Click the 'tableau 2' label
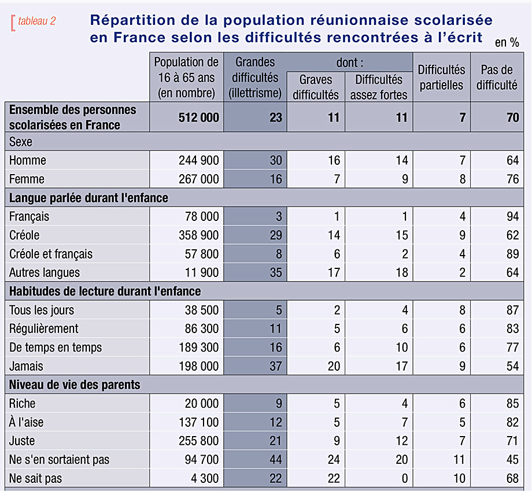point(36,21)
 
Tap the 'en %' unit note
point(507,42)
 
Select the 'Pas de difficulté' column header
point(497,77)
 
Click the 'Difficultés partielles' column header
point(441,77)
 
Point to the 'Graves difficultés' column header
point(316,87)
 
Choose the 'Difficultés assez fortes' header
point(379,87)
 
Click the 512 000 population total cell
point(199,117)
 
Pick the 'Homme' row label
point(28,160)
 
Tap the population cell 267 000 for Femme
point(199,179)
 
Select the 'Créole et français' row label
point(51,254)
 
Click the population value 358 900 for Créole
point(199,235)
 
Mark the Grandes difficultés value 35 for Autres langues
point(276,272)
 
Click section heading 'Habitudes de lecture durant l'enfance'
point(105,291)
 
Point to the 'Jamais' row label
point(26,366)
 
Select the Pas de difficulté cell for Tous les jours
point(512,310)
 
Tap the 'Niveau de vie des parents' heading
point(75,385)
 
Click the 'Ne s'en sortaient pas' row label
point(60,459)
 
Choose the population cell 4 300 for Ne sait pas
point(205,478)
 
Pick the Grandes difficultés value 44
point(276,459)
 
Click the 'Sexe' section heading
point(21,142)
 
